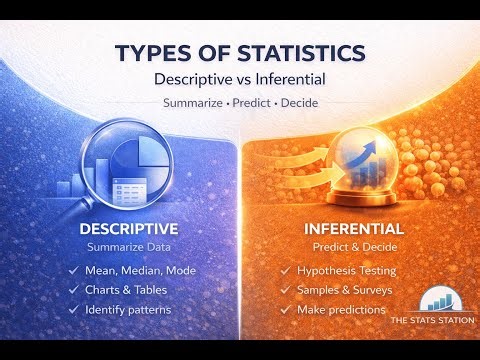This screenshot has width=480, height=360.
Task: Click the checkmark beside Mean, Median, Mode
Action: tap(73, 270)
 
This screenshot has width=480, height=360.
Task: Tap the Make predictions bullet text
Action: tap(341, 309)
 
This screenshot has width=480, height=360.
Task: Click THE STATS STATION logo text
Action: tap(432, 321)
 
